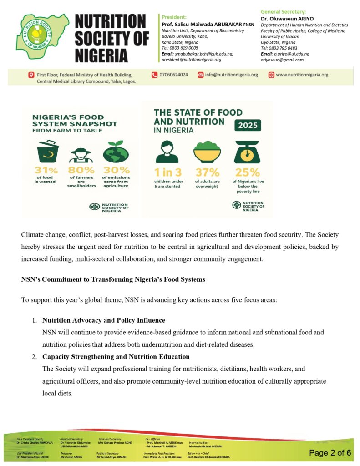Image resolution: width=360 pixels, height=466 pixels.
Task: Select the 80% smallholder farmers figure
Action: point(81,172)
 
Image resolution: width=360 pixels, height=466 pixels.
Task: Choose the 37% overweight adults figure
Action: point(208,172)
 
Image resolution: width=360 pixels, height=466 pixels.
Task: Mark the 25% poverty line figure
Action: point(247,172)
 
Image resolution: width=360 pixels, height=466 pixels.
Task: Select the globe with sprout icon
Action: point(116,152)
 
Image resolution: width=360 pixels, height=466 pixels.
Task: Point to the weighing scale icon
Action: point(247,152)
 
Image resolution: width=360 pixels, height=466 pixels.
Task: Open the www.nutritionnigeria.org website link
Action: point(302,75)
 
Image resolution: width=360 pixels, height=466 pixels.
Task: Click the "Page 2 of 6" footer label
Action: point(330,452)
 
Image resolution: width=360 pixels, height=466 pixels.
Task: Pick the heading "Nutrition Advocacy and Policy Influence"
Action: point(104,320)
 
